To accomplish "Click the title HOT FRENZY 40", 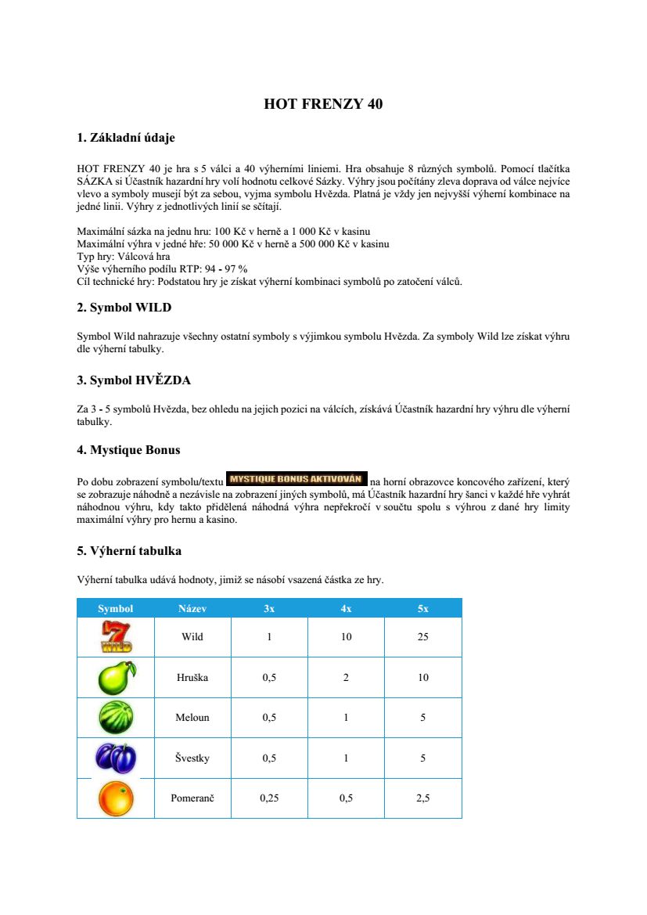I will [x=323, y=103].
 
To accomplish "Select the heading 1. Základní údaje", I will [x=126, y=138].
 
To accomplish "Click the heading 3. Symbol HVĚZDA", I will [x=134, y=380].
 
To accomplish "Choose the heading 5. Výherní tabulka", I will [x=129, y=551].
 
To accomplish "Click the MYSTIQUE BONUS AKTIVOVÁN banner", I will [x=297, y=477].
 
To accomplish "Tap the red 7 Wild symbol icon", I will [x=116, y=636].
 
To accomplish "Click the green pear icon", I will [x=116, y=677].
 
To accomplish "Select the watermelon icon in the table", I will [x=116, y=718].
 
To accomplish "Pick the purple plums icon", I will [x=116, y=758].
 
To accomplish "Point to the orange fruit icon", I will [x=116, y=798].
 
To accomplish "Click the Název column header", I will [x=192, y=608].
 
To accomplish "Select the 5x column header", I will [x=422, y=608].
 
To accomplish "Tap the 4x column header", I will [x=346, y=608].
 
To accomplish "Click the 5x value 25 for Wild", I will [x=422, y=637].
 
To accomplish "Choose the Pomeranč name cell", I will [x=192, y=798].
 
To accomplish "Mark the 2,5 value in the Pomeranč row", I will [x=422, y=798].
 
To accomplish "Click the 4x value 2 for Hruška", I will [x=346, y=677].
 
